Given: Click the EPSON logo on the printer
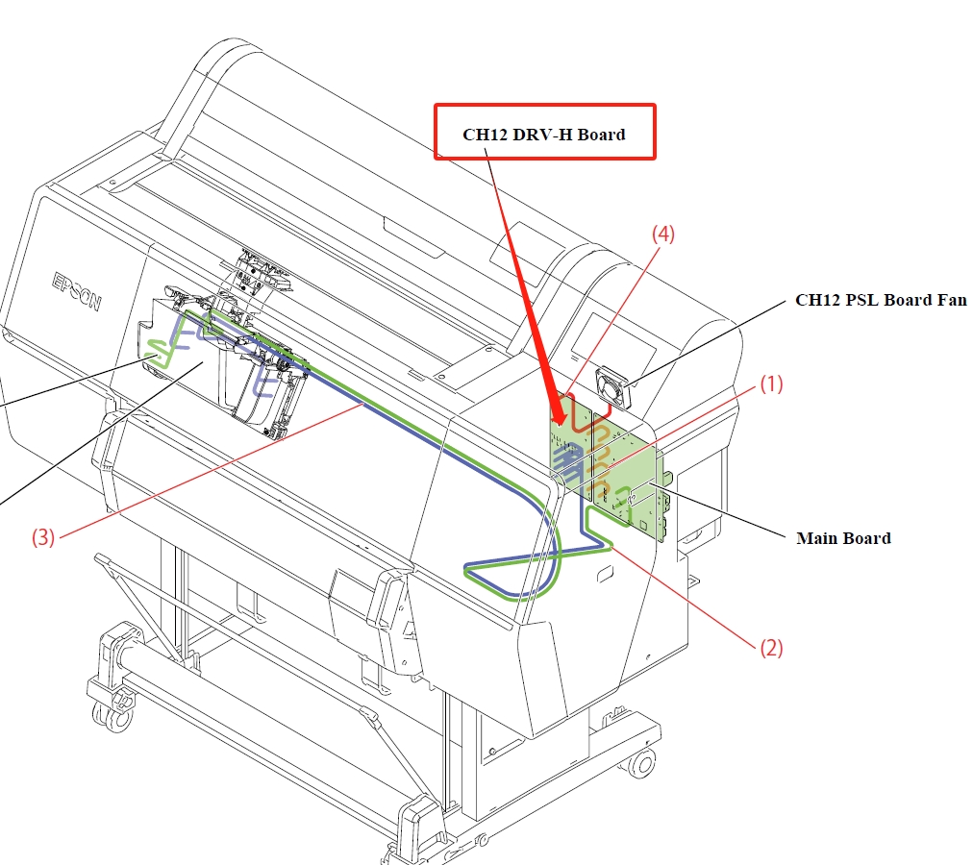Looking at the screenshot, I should point(76,289).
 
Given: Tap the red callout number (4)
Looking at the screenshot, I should point(664,234).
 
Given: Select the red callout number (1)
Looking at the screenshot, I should point(772,384).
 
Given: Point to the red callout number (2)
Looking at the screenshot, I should point(771,648).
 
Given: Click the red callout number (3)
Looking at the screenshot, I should point(42,537).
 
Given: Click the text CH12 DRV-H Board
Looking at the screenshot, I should point(544,134).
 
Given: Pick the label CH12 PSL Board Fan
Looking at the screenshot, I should point(881,300).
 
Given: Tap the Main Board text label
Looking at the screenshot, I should point(843,538).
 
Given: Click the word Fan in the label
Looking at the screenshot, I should point(953,300).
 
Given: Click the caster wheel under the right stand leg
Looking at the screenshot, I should point(638,764).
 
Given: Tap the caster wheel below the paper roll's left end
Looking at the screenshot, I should point(105,712).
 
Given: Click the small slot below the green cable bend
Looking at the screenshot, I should point(603,575).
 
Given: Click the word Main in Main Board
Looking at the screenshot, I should point(815,538).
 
